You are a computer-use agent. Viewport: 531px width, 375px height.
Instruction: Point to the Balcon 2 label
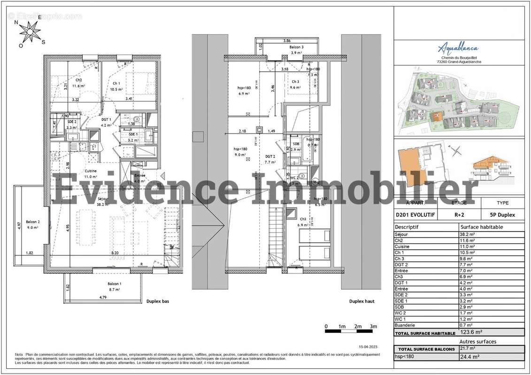click(33, 222)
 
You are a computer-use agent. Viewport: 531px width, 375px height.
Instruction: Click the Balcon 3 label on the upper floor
click(296, 47)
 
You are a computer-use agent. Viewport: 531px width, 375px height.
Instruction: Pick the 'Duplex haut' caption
click(362, 302)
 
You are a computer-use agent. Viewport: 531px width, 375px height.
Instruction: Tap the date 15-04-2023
click(368, 347)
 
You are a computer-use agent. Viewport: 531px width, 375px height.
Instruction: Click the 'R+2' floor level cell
click(459, 215)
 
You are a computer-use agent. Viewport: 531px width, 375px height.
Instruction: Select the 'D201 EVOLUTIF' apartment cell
click(416, 215)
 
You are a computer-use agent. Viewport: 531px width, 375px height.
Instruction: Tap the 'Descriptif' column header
click(407, 227)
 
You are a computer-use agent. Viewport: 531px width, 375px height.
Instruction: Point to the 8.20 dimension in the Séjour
click(115, 252)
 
